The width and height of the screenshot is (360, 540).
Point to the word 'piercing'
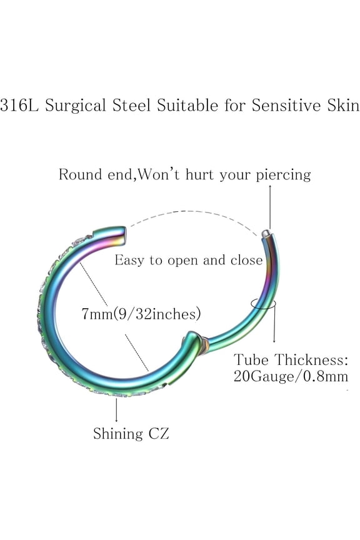point(283,175)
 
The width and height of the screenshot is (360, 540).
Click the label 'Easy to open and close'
point(188,260)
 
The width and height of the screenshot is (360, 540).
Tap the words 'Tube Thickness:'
point(291,360)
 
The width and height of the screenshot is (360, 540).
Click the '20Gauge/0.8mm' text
point(291,377)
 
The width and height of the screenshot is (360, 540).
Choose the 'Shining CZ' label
point(131,433)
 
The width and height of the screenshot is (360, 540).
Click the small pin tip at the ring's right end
point(266,233)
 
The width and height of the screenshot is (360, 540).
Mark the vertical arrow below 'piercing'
point(271,206)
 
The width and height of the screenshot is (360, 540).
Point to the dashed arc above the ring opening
point(194,215)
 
